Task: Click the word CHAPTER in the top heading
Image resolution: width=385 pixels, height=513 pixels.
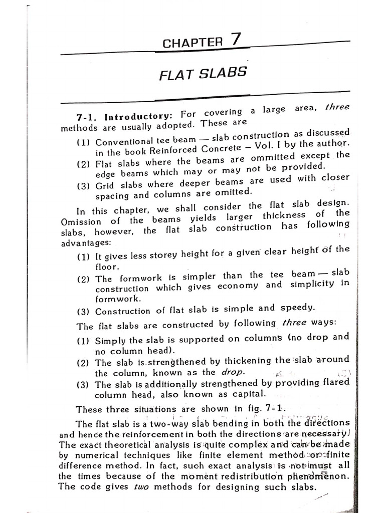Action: (192, 43)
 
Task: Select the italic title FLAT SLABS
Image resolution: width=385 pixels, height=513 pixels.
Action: (203, 74)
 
